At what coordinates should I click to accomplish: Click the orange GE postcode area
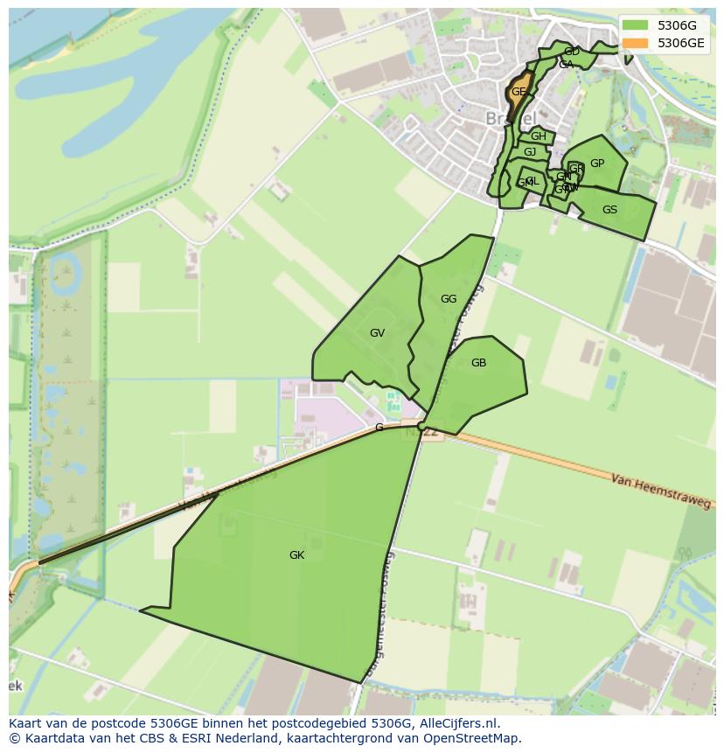(518, 93)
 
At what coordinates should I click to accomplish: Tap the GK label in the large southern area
(296, 555)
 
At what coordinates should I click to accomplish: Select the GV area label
(377, 333)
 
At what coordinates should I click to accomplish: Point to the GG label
(449, 299)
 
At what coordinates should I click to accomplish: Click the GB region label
(478, 363)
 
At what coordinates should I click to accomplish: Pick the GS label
(609, 210)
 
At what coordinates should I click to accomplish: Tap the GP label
(597, 164)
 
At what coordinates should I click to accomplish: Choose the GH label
(539, 136)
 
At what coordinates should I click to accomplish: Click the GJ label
(530, 152)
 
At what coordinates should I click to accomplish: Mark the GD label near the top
(572, 52)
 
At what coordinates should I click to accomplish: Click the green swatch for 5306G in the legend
(636, 25)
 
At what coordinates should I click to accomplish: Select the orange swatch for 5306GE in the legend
(636, 43)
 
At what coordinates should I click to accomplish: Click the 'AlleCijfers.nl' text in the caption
(458, 723)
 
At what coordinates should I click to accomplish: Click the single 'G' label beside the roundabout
(379, 428)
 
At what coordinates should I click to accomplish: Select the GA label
(566, 65)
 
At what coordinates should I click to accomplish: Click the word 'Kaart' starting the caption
(26, 723)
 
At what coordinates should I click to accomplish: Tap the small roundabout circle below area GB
(421, 427)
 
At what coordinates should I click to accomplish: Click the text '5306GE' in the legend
(681, 43)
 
